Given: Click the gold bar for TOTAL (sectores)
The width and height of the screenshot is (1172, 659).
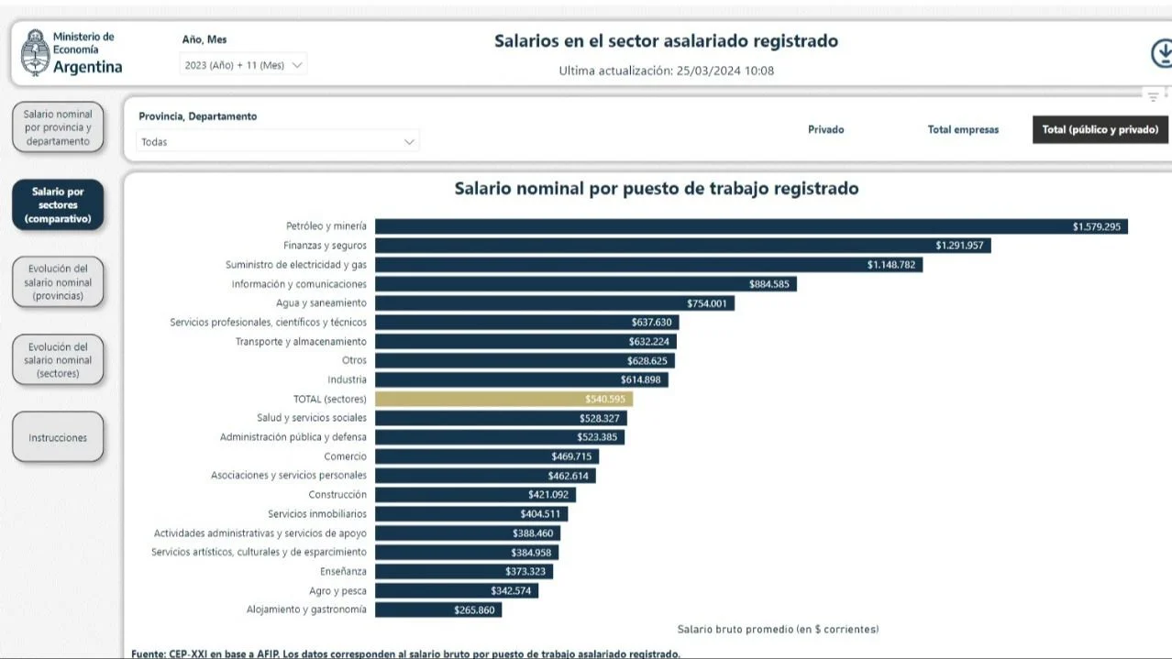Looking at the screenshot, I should click(x=503, y=399).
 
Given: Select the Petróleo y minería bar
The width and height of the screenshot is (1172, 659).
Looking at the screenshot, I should click(x=750, y=226).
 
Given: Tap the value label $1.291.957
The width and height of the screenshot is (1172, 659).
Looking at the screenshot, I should click(x=960, y=246).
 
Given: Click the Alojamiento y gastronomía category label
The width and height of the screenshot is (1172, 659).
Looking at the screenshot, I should click(x=306, y=610).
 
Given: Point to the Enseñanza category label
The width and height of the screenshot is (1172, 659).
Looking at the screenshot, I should click(x=343, y=571).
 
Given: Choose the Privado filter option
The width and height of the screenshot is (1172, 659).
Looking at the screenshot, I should click(x=825, y=129).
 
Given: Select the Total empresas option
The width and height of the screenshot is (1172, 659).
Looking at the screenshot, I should click(x=963, y=129).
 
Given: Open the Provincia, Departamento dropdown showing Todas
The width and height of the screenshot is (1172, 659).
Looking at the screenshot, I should click(x=278, y=142).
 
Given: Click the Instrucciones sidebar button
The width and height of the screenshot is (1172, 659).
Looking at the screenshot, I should click(x=58, y=438).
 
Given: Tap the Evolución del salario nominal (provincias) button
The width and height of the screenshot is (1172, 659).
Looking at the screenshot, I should click(x=58, y=282).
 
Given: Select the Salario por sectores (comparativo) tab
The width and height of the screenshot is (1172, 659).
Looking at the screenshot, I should click(x=58, y=205).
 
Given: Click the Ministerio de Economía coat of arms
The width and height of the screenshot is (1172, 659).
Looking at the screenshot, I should click(x=35, y=52).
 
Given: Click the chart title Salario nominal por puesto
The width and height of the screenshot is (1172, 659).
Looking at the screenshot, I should click(x=657, y=189).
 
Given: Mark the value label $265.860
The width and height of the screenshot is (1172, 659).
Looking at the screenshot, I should click(x=474, y=610).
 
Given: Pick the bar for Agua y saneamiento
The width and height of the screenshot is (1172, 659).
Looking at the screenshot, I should click(x=554, y=303).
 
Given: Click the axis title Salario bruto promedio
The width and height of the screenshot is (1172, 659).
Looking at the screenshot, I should click(x=778, y=630).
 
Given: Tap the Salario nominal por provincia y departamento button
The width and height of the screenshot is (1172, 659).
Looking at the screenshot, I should click(x=58, y=128).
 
